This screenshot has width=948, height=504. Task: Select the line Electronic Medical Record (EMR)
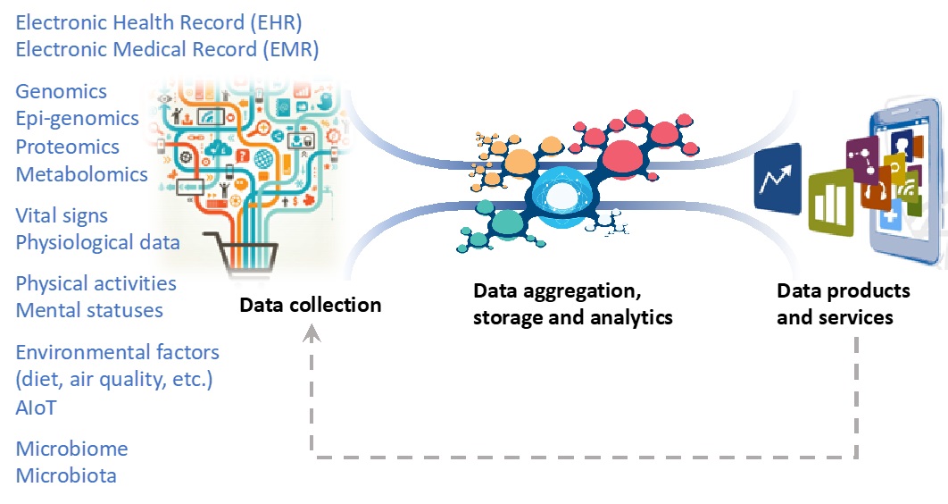coord(167,48)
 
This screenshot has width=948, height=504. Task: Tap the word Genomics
coord(61,91)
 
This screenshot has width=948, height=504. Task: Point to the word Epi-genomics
coord(78,119)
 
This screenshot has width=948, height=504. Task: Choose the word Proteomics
coord(68,147)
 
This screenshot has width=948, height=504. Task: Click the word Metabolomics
coord(82,174)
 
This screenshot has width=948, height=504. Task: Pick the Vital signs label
coord(62,215)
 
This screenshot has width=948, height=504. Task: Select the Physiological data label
coord(98,242)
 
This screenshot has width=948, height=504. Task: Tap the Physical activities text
coord(96,283)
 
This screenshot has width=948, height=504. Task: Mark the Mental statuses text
coord(89,310)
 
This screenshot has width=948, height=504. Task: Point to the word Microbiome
coord(71,449)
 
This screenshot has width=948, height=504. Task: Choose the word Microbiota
coord(66,475)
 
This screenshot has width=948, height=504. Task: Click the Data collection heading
coord(310,306)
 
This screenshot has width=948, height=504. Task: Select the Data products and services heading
coord(843,304)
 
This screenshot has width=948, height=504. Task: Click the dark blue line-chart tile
coord(777,179)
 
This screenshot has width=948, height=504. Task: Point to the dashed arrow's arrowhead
coord(312,333)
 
